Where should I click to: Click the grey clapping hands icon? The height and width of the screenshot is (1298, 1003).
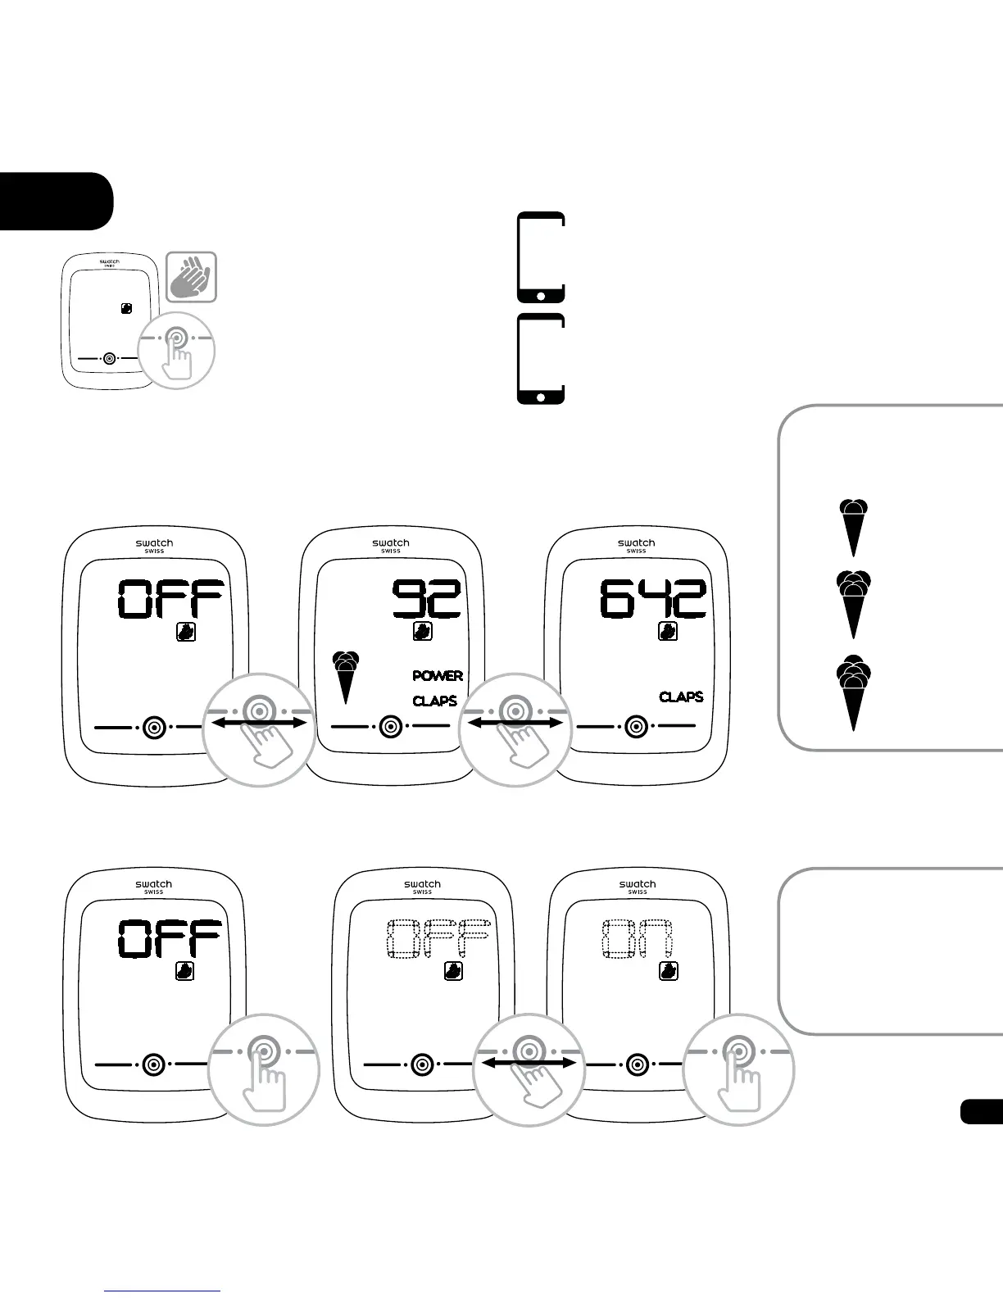click(192, 277)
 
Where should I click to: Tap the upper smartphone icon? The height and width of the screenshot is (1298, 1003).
click(541, 257)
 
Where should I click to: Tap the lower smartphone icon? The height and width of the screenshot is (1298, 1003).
click(541, 359)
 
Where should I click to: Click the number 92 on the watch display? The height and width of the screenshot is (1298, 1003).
click(427, 599)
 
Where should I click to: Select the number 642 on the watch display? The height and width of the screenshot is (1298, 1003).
click(652, 599)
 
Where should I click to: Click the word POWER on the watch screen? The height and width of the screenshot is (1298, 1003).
click(437, 676)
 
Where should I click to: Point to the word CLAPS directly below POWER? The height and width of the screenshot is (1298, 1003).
click(434, 701)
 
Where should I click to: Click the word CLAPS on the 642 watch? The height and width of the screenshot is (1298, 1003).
click(681, 697)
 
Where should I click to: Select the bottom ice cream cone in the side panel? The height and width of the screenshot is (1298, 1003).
click(854, 693)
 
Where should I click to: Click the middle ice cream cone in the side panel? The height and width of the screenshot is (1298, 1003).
click(854, 605)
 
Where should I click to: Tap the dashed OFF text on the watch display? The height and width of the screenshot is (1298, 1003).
click(438, 939)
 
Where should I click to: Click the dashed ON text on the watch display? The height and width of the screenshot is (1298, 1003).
click(638, 939)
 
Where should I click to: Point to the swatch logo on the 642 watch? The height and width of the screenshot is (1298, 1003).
click(636, 543)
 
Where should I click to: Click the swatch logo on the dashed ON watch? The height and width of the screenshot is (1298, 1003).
click(637, 884)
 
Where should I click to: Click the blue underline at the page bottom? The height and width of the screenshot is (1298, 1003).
click(162, 1291)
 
